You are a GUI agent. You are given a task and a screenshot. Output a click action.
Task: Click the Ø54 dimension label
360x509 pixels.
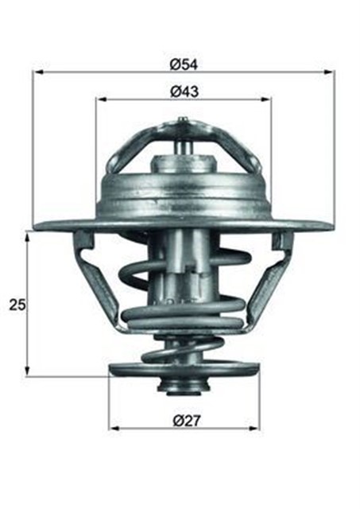tap(184, 63)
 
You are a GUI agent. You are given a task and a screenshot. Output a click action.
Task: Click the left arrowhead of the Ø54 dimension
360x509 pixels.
tap(37, 73)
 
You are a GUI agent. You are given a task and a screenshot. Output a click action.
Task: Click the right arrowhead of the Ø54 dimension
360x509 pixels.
tap(331, 73)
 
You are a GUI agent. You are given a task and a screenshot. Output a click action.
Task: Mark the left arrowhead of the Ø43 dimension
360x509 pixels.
tap(99, 100)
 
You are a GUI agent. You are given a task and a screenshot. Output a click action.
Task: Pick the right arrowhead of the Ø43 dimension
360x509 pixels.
tap(267, 100)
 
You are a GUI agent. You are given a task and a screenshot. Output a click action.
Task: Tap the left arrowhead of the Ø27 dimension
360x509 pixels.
tap(112, 428)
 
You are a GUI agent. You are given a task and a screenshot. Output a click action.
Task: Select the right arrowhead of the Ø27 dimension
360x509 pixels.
tap(256, 428)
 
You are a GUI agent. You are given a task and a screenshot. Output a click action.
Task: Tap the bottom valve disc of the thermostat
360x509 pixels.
tap(184, 368)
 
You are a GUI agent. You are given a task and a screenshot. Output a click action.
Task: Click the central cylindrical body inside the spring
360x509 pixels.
tap(184, 270)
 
